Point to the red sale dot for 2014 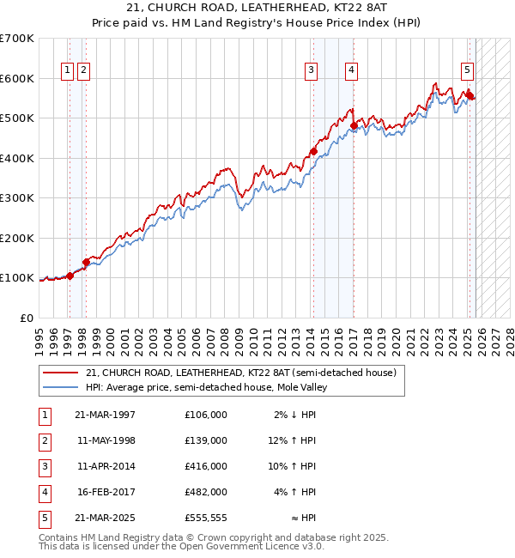tap(313, 152)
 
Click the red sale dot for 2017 tap(354, 125)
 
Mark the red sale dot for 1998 tap(86, 262)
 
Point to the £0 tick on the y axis tap(26, 318)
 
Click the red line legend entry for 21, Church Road tap(240, 373)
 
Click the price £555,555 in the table tap(205, 518)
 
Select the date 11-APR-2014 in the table tap(106, 466)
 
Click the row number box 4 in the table tap(45, 492)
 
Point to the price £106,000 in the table tap(205, 415)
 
